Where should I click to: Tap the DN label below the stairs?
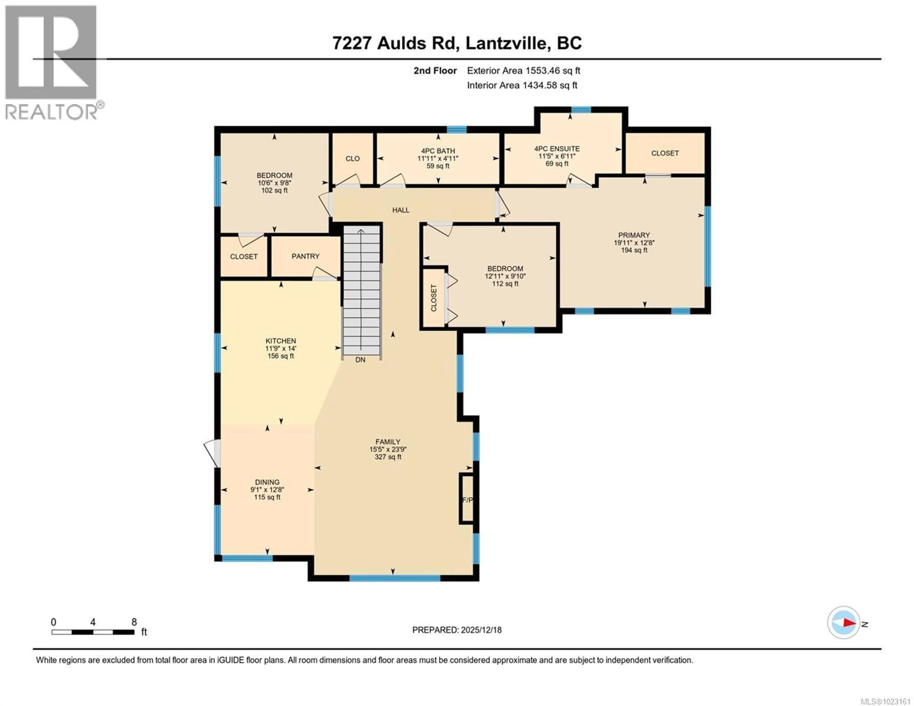(360, 360)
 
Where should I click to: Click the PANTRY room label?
(306, 256)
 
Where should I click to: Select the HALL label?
(401, 210)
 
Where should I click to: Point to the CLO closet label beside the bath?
(352, 159)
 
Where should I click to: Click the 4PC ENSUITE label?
(556, 148)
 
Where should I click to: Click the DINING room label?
(267, 482)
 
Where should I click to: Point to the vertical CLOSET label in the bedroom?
(434, 298)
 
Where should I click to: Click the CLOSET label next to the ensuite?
(665, 153)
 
